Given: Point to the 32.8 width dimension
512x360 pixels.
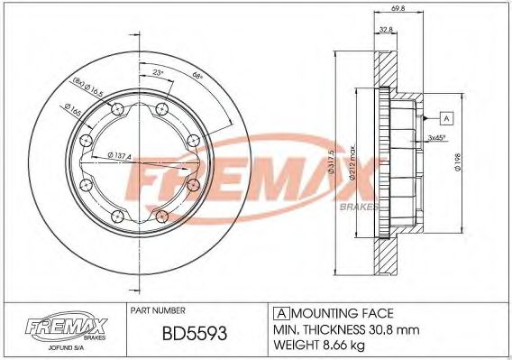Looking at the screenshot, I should click(386, 30).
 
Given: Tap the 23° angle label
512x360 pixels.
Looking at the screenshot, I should click(159, 71).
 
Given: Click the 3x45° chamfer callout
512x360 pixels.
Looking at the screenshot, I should click(437, 138).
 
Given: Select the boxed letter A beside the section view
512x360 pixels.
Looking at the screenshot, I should click(445, 117).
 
